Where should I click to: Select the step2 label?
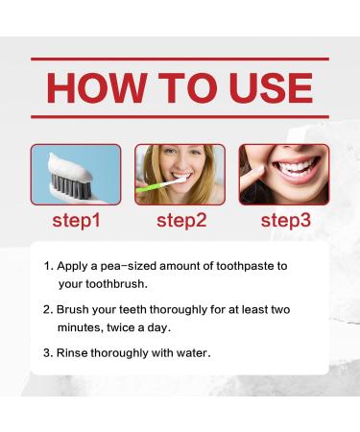pyautogui.click(x=180, y=222)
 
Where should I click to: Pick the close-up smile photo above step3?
pyautogui.click(x=284, y=174)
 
